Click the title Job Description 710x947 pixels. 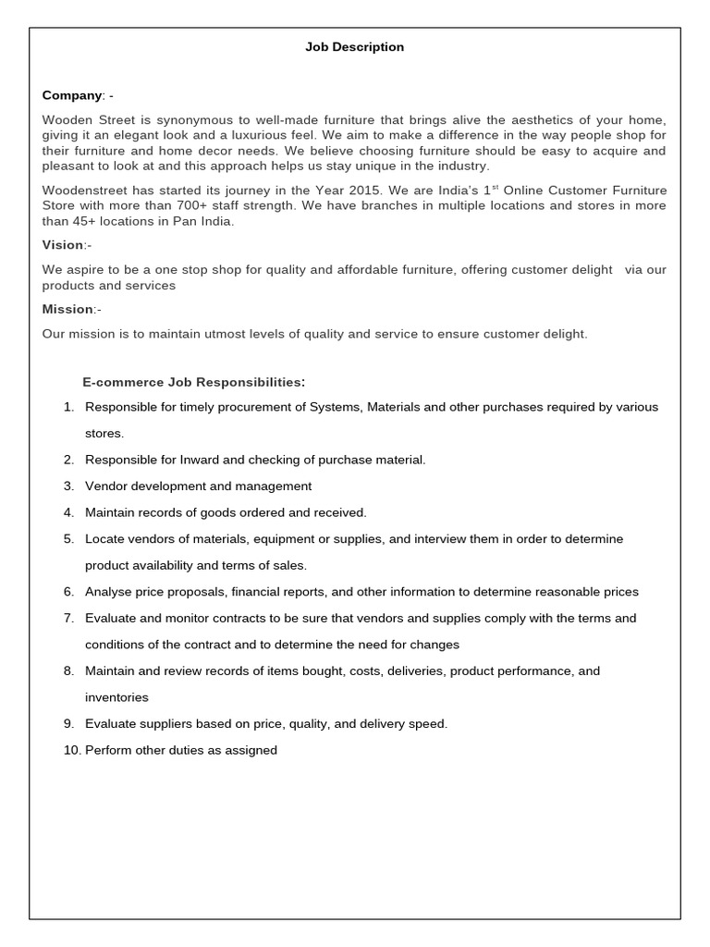(354, 47)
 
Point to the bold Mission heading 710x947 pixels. (67, 309)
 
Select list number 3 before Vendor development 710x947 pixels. (68, 486)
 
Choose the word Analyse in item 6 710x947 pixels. (108, 592)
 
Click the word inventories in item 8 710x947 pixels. (116, 698)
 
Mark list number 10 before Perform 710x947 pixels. (72, 751)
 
